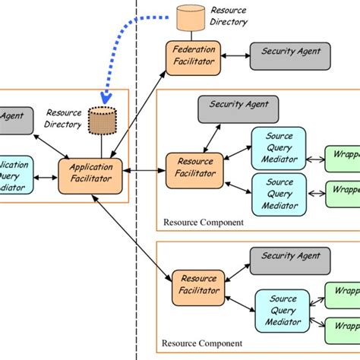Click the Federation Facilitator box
click(x=193, y=58)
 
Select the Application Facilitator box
click(x=90, y=172)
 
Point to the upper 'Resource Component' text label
click(x=203, y=223)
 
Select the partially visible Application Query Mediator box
click(x=14, y=175)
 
